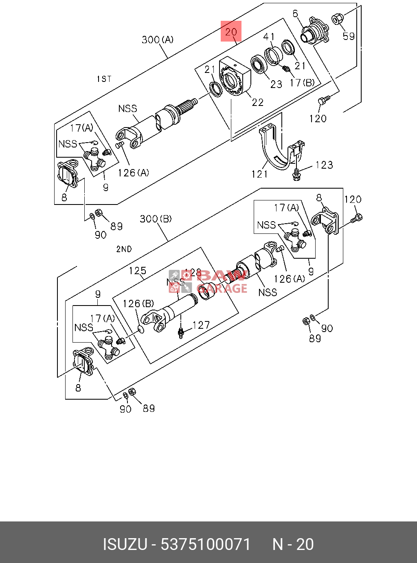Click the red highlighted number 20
231,31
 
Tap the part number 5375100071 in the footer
206,544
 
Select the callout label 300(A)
157,40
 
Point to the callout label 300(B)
156,219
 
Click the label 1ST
104,79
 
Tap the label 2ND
124,249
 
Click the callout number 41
269,37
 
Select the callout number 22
257,102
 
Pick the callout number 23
276,84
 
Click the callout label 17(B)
302,83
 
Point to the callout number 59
349,36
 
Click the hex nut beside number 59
338,18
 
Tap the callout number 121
259,174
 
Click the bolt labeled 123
296,174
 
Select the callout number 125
137,271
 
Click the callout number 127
201,325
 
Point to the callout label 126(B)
138,303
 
